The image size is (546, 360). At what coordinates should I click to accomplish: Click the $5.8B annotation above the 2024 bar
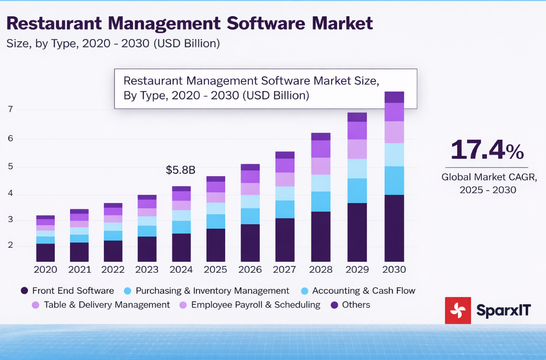point(181,170)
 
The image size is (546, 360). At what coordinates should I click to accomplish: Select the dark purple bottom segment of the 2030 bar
point(394,228)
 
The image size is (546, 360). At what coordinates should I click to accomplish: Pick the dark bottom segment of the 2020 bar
point(45,253)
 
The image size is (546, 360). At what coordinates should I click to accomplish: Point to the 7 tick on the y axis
point(10,109)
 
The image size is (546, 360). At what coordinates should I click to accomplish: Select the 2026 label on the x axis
point(250,270)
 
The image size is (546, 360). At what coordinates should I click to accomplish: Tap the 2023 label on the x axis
point(147,270)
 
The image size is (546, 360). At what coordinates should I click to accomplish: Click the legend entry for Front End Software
point(72,291)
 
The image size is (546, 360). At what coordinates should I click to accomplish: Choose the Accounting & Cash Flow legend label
point(364,291)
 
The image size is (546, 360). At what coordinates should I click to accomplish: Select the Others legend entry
point(356,305)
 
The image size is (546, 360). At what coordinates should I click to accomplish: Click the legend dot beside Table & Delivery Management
point(35,305)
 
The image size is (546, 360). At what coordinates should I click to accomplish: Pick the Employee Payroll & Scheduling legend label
point(255,305)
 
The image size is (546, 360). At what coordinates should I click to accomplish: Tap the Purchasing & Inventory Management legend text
point(212,291)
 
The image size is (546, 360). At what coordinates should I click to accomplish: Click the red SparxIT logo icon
point(458,310)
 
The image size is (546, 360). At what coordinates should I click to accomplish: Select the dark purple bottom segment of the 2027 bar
point(285,240)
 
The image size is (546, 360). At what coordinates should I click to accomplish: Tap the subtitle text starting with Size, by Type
point(113,44)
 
